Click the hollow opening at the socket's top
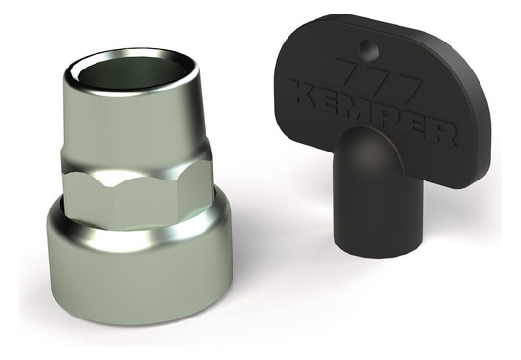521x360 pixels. [131, 73]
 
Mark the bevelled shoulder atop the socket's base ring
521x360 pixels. [140, 233]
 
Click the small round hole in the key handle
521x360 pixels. [370, 50]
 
